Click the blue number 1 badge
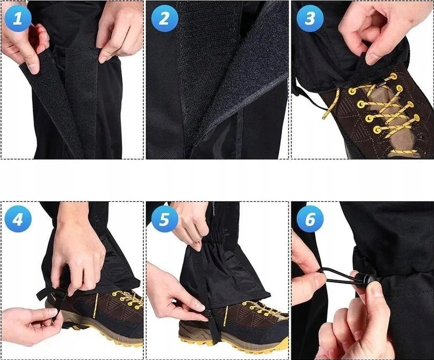[x=17, y=18]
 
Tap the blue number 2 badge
[x=165, y=18]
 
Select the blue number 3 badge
[x=310, y=18]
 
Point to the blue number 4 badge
[x=17, y=219]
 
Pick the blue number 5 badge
[x=165, y=219]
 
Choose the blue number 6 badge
[x=310, y=219]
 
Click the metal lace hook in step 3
[x=382, y=86]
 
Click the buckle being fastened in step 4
[x=58, y=293]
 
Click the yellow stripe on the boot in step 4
[x=96, y=305]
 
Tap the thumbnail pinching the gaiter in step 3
[x=372, y=59]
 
